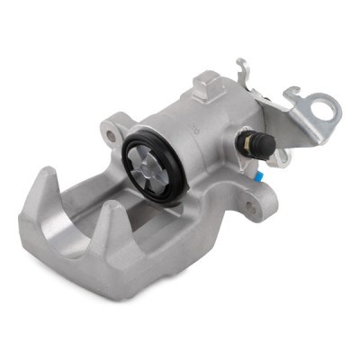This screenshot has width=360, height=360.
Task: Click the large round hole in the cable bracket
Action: [326, 112]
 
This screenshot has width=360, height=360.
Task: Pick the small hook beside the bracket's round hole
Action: [293, 93]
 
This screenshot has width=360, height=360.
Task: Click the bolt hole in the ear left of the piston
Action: [111, 137]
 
